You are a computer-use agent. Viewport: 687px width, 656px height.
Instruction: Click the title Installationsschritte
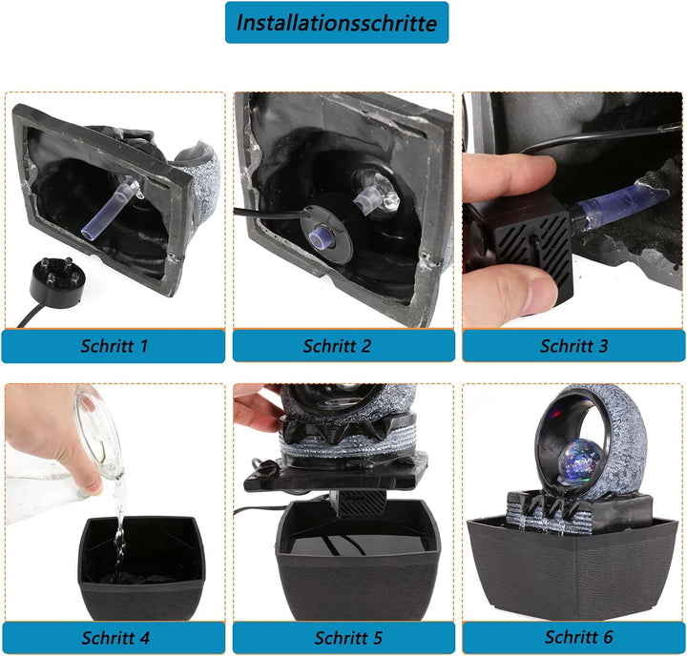tap(337, 23)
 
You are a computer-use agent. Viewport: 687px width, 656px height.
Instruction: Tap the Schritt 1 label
tap(114, 346)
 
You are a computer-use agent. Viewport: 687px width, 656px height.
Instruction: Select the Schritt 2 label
tap(337, 346)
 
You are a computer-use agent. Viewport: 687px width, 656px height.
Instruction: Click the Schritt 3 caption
tap(574, 346)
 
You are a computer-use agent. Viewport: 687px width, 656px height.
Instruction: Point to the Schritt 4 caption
tap(115, 638)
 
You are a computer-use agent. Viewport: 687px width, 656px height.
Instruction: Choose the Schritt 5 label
tap(348, 638)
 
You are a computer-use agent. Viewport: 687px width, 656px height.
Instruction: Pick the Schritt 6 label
tap(579, 637)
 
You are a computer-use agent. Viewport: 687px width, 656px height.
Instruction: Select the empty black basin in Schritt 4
tap(141, 568)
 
